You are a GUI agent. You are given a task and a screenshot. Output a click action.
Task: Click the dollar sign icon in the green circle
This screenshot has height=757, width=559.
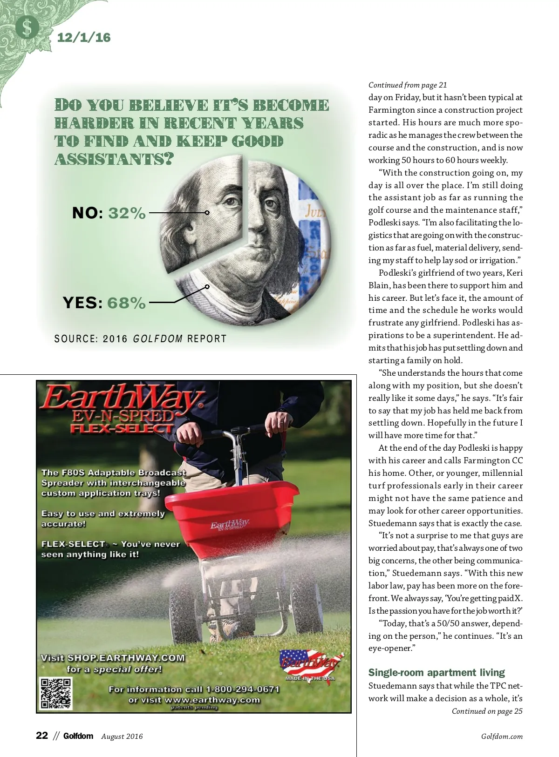tap(27, 28)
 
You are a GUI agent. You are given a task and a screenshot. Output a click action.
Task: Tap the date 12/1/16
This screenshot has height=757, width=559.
tap(84, 37)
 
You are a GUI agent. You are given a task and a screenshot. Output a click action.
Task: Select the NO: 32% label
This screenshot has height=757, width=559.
tap(109, 213)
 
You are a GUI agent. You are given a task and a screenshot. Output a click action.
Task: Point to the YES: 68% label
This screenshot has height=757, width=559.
tap(104, 303)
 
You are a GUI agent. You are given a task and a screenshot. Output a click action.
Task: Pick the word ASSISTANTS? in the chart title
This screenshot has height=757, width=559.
tap(114, 159)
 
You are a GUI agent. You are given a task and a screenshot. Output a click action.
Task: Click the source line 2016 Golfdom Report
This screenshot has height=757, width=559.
tap(140, 339)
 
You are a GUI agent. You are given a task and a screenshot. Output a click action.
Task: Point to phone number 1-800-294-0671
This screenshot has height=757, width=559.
tap(242, 689)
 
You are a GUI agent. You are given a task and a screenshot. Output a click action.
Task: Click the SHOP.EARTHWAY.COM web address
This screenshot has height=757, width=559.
tap(126, 658)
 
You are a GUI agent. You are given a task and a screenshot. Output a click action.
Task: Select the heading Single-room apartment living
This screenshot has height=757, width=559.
tap(436, 673)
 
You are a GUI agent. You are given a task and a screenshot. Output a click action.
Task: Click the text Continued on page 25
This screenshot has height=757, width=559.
tap(487, 711)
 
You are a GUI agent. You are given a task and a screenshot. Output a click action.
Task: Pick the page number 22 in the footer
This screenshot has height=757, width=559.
tap(42, 736)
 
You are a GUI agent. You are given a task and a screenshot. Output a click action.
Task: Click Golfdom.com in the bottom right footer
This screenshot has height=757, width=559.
tap(502, 737)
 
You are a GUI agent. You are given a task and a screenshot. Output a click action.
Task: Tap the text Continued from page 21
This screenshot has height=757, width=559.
tap(408, 85)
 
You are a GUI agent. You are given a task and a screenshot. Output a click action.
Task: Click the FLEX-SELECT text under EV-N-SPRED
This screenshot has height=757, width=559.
tap(122, 428)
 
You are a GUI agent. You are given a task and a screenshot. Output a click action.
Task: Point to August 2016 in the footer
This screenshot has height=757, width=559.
tap(122, 737)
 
